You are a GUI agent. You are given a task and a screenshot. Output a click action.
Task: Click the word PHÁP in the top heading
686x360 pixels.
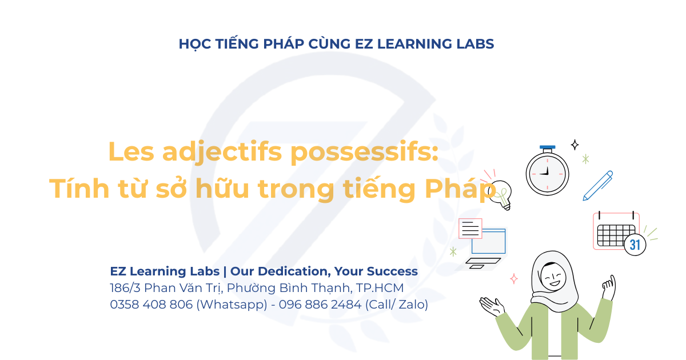tap(284, 44)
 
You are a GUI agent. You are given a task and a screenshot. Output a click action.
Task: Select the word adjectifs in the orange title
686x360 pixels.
tap(222, 152)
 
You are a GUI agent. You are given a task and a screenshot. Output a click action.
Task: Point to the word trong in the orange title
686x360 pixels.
tap(296, 190)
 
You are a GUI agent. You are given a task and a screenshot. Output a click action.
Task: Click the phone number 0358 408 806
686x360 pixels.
tap(151, 304)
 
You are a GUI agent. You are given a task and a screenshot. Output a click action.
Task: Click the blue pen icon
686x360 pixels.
tap(598, 186)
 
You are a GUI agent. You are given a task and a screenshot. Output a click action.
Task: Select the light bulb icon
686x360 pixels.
tap(500, 195)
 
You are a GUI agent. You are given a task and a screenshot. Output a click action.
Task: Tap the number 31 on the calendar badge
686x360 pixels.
tap(635, 245)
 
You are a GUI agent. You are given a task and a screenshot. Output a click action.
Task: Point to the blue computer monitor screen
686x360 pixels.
tap(488, 241)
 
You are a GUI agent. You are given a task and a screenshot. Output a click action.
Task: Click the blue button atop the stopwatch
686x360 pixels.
tap(547, 147)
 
